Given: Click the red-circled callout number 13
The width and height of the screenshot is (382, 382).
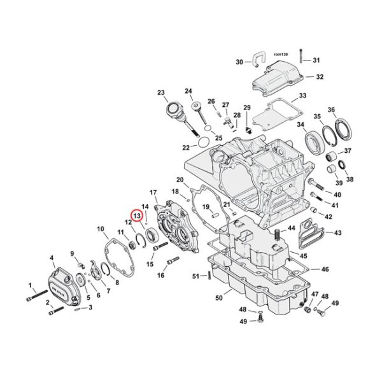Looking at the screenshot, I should click(x=136, y=215).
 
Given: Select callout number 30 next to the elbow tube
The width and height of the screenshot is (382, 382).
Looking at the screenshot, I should click(x=239, y=62).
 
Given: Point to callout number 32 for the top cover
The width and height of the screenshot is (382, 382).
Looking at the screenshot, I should click(x=319, y=77).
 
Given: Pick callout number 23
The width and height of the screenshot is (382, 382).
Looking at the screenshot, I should click(x=161, y=92).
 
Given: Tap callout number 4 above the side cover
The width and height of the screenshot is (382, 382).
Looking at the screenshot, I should click(x=51, y=258).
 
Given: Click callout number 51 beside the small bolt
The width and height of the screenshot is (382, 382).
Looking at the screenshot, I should click(x=195, y=276).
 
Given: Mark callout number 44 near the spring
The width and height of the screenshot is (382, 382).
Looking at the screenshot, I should click(x=291, y=228).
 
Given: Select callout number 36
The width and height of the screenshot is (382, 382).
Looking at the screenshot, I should click(x=349, y=110).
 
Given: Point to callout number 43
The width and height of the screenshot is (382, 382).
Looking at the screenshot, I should click(x=337, y=233).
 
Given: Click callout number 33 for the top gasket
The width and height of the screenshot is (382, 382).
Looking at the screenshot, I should click(x=302, y=95).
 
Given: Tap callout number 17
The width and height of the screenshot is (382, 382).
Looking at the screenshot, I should click(x=153, y=192).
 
